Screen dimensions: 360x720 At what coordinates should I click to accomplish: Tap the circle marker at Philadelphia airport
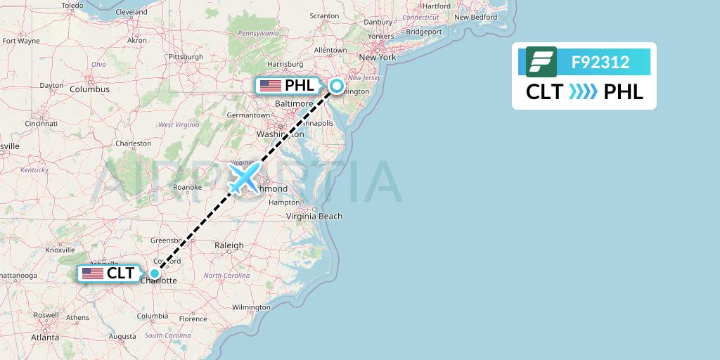pyautogui.click(x=337, y=86)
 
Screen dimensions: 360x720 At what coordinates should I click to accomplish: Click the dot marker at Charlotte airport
pyautogui.click(x=154, y=273)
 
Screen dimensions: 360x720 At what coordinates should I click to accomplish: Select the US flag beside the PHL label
pyautogui.click(x=271, y=86)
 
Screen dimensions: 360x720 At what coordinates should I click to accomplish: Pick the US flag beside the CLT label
pyautogui.click(x=92, y=274)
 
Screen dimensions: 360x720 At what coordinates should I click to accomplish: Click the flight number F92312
pyautogui.click(x=600, y=63)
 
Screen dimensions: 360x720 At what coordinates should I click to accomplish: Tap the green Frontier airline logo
pyautogui.click(x=541, y=62)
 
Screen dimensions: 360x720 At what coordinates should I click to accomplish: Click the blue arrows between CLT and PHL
pyautogui.click(x=582, y=92)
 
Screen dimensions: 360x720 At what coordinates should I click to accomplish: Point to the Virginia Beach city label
pyautogui.click(x=314, y=216)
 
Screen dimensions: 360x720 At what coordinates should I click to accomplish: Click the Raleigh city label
pyautogui.click(x=229, y=245)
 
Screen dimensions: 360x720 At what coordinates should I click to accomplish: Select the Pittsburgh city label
pyautogui.click(x=186, y=57)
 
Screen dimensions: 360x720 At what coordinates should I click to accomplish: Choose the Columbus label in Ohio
pyautogui.click(x=89, y=89)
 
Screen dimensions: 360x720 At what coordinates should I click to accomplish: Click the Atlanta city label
pyautogui.click(x=45, y=337)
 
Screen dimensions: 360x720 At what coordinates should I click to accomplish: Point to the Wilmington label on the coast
pyautogui.click(x=251, y=307)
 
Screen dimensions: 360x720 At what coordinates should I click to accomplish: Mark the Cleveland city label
pyautogui.click(x=131, y=12)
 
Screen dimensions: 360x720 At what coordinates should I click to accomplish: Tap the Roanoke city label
pyautogui.click(x=188, y=187)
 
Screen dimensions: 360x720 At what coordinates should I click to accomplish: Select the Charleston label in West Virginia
pyautogui.click(x=134, y=143)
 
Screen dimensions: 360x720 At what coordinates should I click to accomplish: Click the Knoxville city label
pyautogui.click(x=60, y=250)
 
